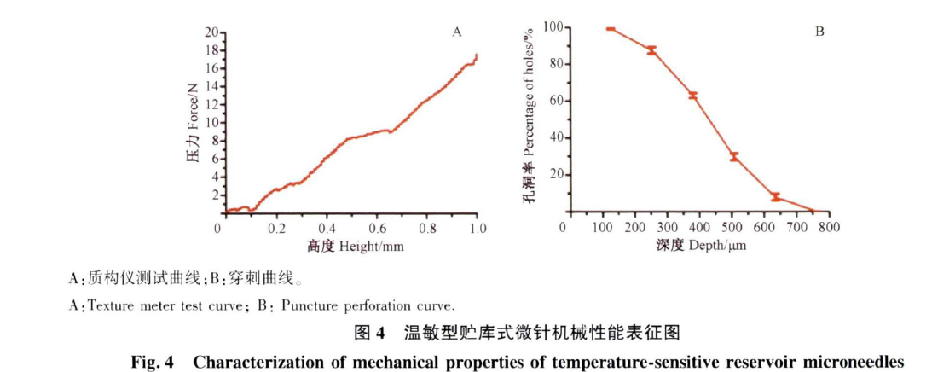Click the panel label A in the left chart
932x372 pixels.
[x=456, y=32]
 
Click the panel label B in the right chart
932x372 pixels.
[x=819, y=32]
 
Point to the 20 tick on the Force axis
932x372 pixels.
[x=210, y=32]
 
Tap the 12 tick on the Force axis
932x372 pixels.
[x=210, y=105]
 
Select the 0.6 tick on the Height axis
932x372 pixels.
[x=376, y=229]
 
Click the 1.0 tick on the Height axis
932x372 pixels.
[x=478, y=229]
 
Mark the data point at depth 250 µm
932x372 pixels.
[x=651, y=49]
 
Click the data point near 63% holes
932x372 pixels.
[x=692, y=95]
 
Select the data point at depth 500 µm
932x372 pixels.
[x=733, y=156]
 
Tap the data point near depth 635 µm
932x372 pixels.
[x=775, y=196]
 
